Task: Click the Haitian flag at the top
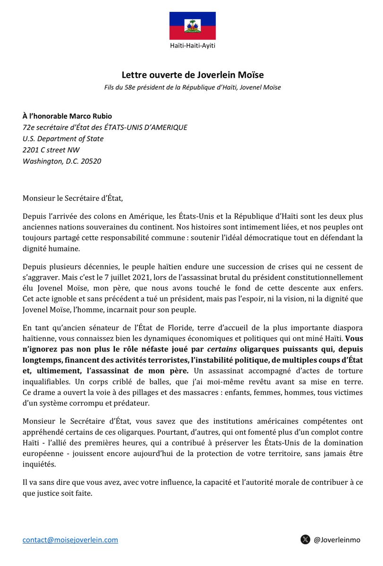coord(193,25)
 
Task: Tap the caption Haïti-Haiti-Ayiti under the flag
coord(193,46)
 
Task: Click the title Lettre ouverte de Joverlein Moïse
coord(193,75)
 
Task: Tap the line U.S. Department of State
coord(63,139)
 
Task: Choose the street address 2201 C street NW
coord(51,150)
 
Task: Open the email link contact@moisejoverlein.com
coord(70,540)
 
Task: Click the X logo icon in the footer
coord(305,540)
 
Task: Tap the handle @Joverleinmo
coord(337,540)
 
